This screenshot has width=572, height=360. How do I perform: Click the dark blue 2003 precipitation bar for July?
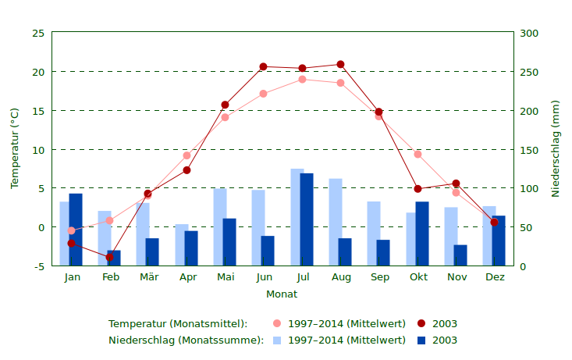pyautogui.click(x=307, y=219)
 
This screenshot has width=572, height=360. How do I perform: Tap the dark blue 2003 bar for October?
pyautogui.click(x=422, y=233)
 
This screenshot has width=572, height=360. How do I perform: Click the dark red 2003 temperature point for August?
pyautogui.click(x=340, y=65)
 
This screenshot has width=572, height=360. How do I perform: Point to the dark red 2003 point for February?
pyautogui.click(x=110, y=257)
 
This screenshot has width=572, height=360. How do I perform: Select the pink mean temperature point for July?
pyautogui.click(x=302, y=79)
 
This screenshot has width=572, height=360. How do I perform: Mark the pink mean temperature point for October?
pyautogui.click(x=417, y=155)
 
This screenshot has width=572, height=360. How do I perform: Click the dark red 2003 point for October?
pyautogui.click(x=417, y=189)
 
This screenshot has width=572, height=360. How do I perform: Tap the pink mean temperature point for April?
pyautogui.click(x=187, y=155)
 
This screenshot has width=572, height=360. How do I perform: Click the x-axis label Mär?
pyautogui.click(x=149, y=277)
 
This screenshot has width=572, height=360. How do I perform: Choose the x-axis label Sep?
pyautogui.click(x=380, y=277)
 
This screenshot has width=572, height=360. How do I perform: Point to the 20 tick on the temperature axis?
pyautogui.click(x=38, y=72)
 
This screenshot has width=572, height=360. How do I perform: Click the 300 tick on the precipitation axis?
pyautogui.click(x=530, y=33)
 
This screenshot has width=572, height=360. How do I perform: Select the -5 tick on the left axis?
pyautogui.click(x=38, y=266)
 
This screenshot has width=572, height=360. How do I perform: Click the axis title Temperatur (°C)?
pyautogui.click(x=15, y=148)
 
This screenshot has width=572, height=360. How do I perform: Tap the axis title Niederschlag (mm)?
pyautogui.click(x=556, y=148)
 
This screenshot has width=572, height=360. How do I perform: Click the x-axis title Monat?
pyautogui.click(x=282, y=294)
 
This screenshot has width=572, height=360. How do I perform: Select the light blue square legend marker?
pyautogui.click(x=277, y=340)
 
